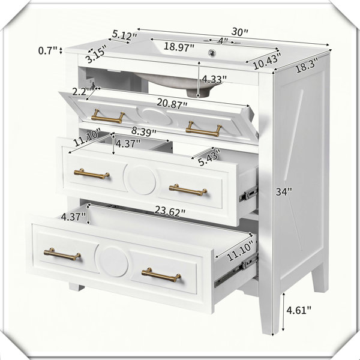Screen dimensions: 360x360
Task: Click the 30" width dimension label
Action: [x=239, y=32]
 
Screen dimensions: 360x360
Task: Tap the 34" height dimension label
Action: [x=284, y=191]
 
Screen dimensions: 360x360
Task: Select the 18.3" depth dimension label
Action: [x=307, y=65]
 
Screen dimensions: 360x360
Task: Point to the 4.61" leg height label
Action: [x=299, y=310]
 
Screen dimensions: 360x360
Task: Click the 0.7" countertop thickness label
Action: [x=47, y=50]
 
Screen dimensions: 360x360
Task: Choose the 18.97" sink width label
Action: [x=179, y=47]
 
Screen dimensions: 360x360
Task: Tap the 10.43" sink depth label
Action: [x=267, y=61]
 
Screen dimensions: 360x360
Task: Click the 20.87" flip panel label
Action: [x=172, y=103]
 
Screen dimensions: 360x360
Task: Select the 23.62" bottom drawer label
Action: [x=170, y=211]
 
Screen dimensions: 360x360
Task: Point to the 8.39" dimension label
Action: [x=144, y=132]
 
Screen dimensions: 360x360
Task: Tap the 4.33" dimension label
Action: [x=214, y=79]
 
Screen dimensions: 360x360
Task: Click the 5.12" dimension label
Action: [x=124, y=35]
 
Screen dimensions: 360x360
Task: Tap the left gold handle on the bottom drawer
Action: [x=62, y=254]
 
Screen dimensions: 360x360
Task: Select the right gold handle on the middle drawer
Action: [x=188, y=190]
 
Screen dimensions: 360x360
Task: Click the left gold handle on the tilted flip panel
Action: [x=108, y=116]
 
